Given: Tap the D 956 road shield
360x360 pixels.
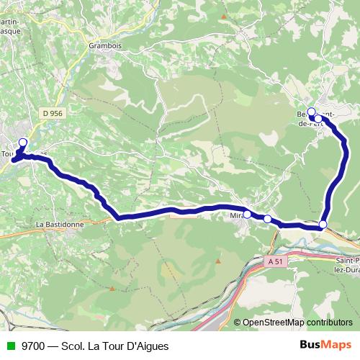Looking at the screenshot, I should tap(53, 113).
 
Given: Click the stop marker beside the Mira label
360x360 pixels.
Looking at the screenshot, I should tap(247, 214).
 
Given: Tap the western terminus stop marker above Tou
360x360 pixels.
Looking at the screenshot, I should tap(22, 142).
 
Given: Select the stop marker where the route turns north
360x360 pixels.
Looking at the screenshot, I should tap(323, 225).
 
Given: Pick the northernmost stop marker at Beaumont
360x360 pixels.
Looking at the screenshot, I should tap(311, 112).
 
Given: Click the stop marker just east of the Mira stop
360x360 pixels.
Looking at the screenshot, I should tap(267, 219).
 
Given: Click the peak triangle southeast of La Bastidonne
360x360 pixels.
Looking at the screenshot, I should tap(112, 289).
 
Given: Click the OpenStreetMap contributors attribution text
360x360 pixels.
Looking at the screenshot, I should tap(297, 322).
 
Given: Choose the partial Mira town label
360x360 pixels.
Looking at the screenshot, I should tap(237, 215).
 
